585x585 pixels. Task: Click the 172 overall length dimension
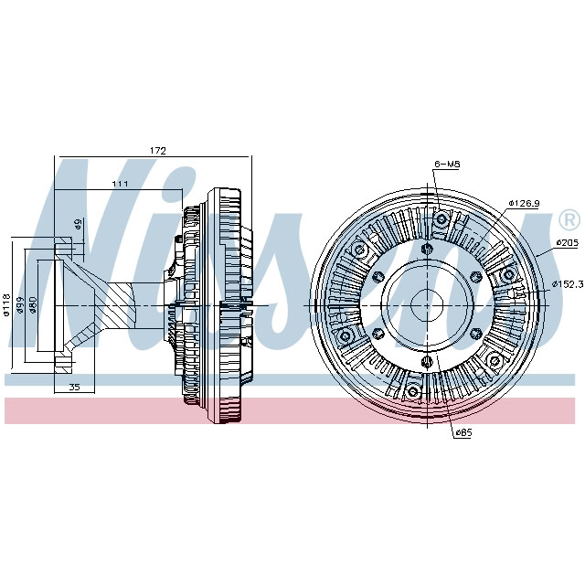click(x=157, y=149)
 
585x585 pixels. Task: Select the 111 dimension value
click(x=120, y=185)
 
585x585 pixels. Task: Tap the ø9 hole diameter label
click(x=79, y=224)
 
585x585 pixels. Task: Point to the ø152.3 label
click(x=567, y=284)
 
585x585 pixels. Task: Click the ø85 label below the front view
click(x=465, y=432)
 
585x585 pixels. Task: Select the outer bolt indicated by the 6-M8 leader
click(x=441, y=218)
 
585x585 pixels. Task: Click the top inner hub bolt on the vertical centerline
click(x=426, y=248)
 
